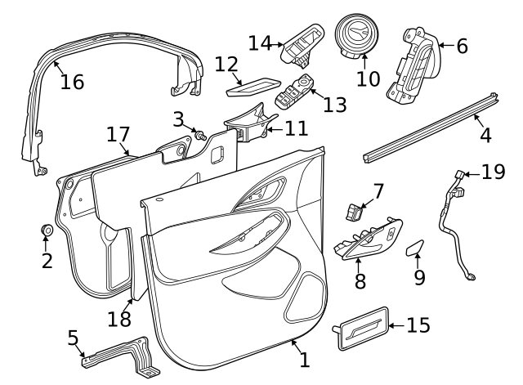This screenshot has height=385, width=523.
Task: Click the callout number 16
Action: coord(72,82)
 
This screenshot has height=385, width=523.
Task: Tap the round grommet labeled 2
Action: coord(47,231)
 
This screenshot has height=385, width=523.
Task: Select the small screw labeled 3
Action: coord(198,133)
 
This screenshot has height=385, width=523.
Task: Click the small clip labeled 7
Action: coord(353,212)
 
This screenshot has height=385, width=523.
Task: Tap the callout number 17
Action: coord(118,134)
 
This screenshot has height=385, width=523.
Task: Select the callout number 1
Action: coord(304,359)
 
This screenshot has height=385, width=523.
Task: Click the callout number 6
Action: coord(462,47)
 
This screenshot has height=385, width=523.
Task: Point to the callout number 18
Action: coord(119,316)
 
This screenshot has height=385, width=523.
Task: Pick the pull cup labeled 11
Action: coord(245,123)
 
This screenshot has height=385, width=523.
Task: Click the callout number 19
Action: coord(494,172)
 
